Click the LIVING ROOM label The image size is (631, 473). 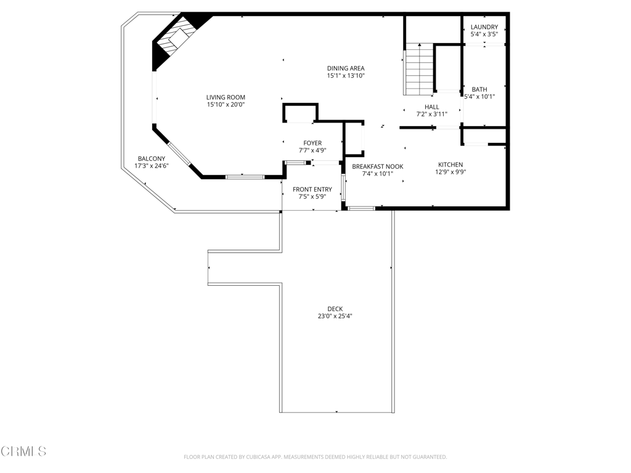pyautogui.click(x=226, y=97)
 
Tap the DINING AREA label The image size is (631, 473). pyautogui.click(x=346, y=68)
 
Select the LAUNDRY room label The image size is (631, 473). pyautogui.click(x=484, y=27)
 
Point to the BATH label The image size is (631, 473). pyautogui.click(x=479, y=89)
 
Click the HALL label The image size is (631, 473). pyautogui.click(x=432, y=107)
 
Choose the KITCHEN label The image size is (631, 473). pyautogui.click(x=450, y=164)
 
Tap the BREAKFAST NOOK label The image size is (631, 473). pyautogui.click(x=378, y=166)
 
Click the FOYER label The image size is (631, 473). pyautogui.click(x=312, y=143)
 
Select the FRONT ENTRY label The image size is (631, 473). pyautogui.click(x=312, y=190)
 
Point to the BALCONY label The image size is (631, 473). pyautogui.click(x=152, y=159)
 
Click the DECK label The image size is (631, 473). pyautogui.click(x=335, y=309)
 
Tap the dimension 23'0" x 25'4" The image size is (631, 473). pyautogui.click(x=335, y=316)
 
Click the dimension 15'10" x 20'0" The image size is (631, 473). pyautogui.click(x=226, y=105)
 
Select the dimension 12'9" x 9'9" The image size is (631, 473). pyautogui.click(x=450, y=172)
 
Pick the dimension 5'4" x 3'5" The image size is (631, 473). pyautogui.click(x=484, y=34)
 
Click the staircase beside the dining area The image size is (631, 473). pyautogui.click(x=419, y=69)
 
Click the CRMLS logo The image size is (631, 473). pyautogui.click(x=23, y=451)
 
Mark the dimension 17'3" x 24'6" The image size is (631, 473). pyautogui.click(x=152, y=166)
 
